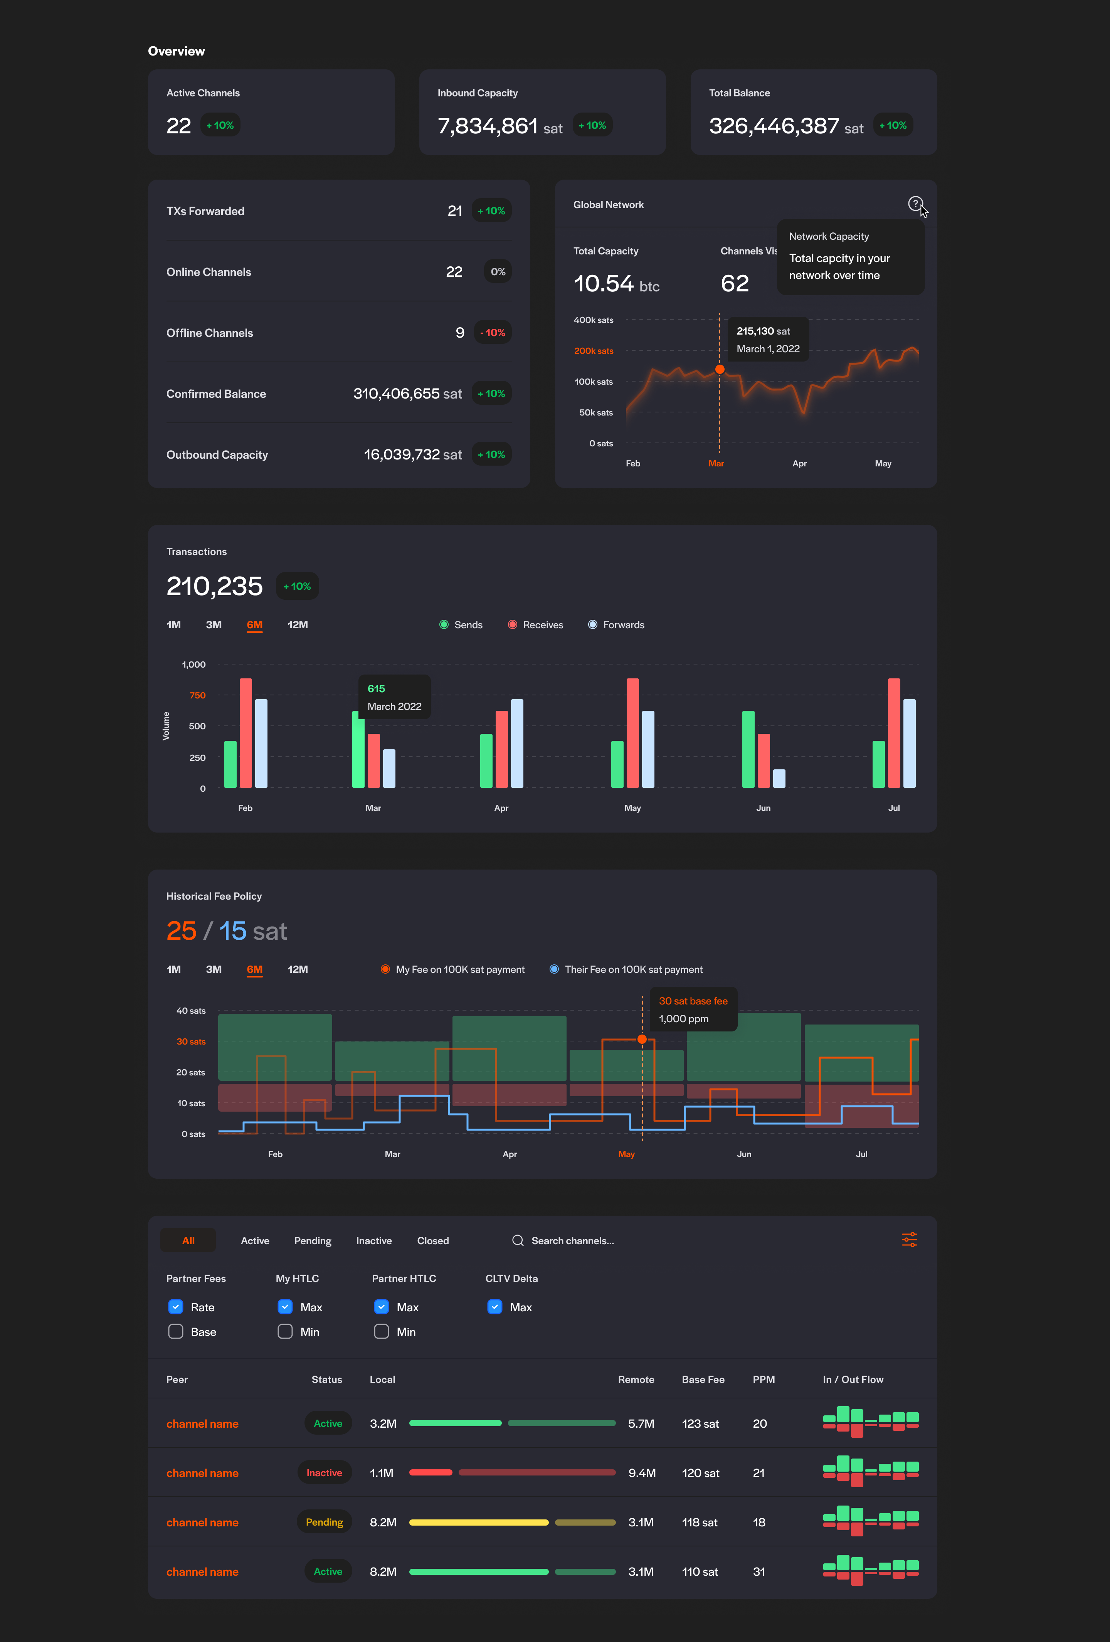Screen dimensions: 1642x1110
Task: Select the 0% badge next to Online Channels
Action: (498, 272)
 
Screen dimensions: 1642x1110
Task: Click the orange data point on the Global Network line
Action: (719, 370)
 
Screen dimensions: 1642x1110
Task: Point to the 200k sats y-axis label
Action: (594, 351)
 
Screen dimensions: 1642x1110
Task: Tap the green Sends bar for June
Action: (748, 749)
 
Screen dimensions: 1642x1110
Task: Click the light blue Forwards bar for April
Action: (517, 743)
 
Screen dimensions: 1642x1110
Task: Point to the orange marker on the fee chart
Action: (642, 1039)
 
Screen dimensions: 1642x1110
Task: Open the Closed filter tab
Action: (432, 1242)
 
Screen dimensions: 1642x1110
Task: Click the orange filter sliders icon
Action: (909, 1240)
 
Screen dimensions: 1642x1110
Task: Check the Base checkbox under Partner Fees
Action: (176, 1332)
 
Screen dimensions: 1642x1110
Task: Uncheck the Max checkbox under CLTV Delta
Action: (494, 1307)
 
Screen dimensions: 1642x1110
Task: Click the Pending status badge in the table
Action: (324, 1523)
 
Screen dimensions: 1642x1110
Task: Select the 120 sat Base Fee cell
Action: (700, 1473)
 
